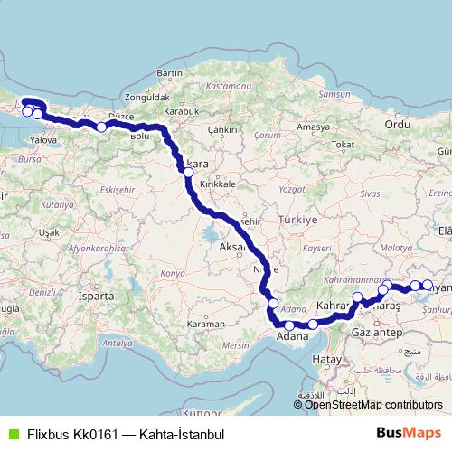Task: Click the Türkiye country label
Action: (x=299, y=220)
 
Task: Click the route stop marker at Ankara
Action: (x=188, y=171)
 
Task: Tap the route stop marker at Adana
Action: (x=289, y=325)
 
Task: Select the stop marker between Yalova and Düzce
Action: (x=101, y=127)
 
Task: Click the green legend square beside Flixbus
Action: (x=11, y=434)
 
